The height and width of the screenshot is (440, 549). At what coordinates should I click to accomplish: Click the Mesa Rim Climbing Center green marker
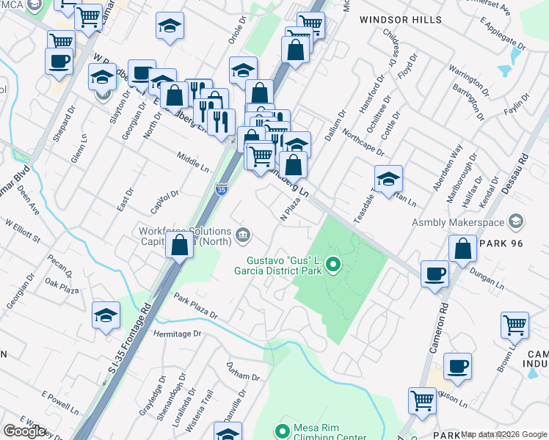pyautogui.click(x=280, y=430)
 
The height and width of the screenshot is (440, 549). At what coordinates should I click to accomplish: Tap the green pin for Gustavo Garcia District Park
pyautogui.click(x=333, y=264)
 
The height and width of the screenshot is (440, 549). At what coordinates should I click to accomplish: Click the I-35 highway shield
pyautogui.click(x=222, y=189)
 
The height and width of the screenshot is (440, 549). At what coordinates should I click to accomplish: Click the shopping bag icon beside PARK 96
pyautogui.click(x=462, y=249)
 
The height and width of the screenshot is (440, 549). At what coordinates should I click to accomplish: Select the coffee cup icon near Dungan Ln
pyautogui.click(x=435, y=274)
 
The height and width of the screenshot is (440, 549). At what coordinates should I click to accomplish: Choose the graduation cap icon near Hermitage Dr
pyautogui.click(x=106, y=315)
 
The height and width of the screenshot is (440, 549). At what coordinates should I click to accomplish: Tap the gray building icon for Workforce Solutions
pyautogui.click(x=243, y=235)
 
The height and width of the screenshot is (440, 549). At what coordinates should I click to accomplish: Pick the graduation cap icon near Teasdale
pyautogui.click(x=388, y=177)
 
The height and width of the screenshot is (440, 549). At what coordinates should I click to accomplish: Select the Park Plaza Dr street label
pyautogui.click(x=196, y=306)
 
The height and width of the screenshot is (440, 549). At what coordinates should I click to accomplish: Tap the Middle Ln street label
pyautogui.click(x=193, y=161)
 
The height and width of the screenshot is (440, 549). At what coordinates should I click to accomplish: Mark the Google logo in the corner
pyautogui.click(x=24, y=431)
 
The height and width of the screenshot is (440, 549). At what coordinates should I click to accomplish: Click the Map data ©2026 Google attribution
pyautogui.click(x=503, y=435)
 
